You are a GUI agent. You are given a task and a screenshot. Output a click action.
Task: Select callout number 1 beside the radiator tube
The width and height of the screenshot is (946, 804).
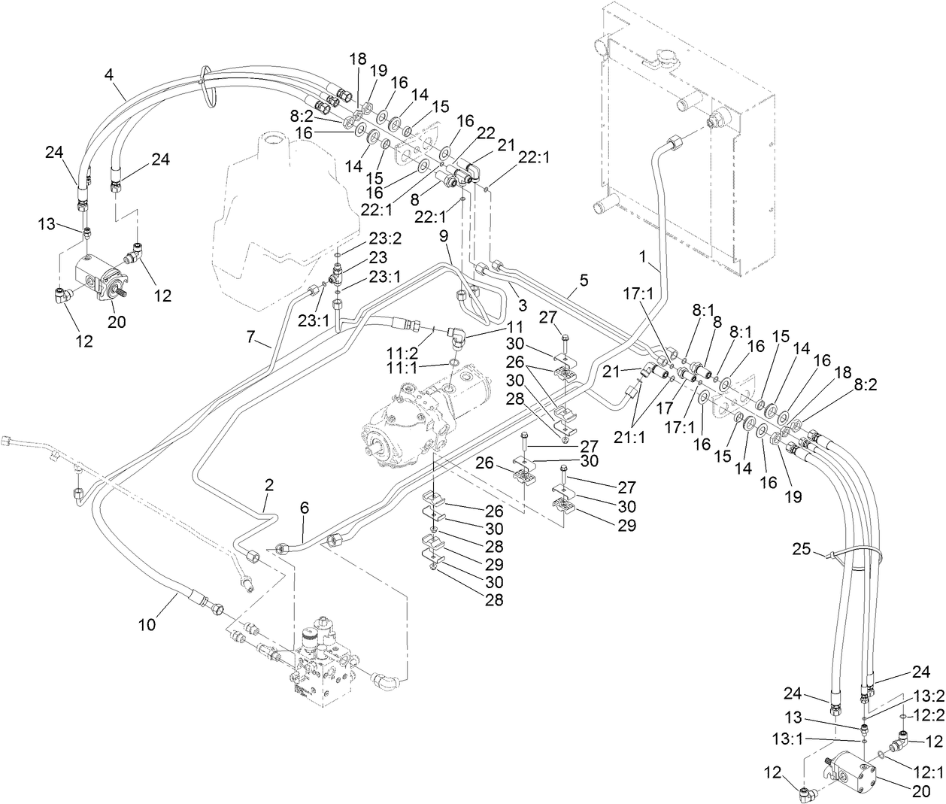pyautogui.click(x=643, y=256)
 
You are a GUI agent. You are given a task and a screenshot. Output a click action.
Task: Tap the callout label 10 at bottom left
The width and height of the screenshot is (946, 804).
pyautogui.click(x=148, y=625)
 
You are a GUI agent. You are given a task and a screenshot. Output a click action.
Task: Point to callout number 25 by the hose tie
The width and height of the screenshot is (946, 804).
pyautogui.click(x=802, y=551)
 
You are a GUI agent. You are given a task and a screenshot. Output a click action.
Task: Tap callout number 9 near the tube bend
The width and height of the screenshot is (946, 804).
pyautogui.click(x=444, y=235)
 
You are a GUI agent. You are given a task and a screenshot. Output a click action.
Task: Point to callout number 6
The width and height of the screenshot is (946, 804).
pyautogui.click(x=304, y=508)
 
